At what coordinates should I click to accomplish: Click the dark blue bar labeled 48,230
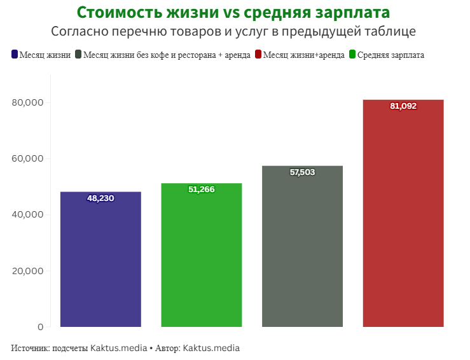click(100, 261)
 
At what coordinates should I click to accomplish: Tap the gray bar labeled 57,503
click(302, 248)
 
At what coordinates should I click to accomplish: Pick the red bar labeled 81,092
click(403, 216)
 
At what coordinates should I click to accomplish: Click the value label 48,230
click(100, 198)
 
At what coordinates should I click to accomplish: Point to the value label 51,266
click(202, 190)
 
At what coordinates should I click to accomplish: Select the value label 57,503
click(302, 172)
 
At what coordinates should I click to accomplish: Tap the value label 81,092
click(403, 106)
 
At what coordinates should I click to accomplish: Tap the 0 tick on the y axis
click(40, 327)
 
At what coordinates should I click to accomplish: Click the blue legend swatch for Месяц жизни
click(15, 55)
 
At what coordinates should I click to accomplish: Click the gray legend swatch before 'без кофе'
click(78, 55)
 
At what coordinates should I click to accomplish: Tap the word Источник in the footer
click(30, 349)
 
